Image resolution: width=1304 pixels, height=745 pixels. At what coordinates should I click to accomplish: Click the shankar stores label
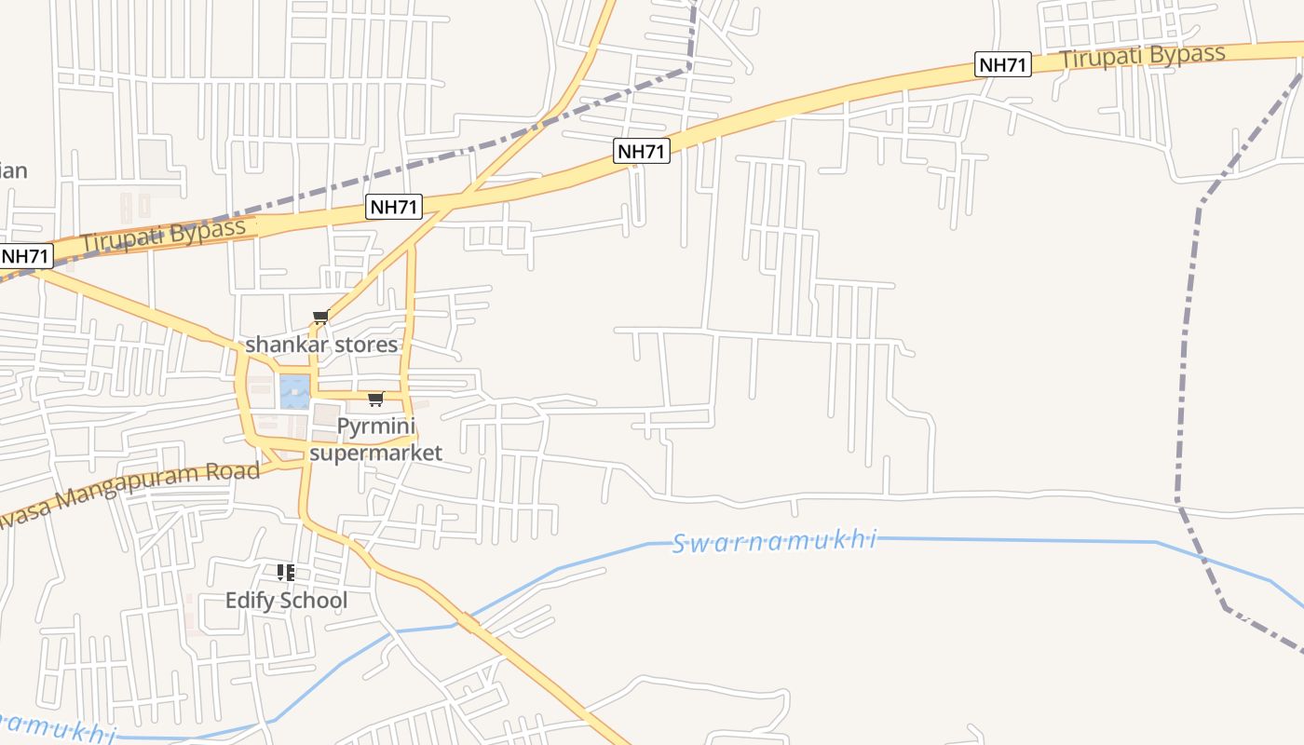pyautogui.click(x=321, y=345)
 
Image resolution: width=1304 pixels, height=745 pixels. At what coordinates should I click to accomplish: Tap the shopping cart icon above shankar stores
pyautogui.click(x=321, y=318)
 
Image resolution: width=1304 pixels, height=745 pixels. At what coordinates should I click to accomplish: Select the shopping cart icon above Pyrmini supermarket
pyautogui.click(x=375, y=400)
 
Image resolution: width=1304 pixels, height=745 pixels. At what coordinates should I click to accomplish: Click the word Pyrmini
pyautogui.click(x=375, y=428)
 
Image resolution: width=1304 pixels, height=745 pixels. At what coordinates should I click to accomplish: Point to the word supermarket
pyautogui.click(x=375, y=454)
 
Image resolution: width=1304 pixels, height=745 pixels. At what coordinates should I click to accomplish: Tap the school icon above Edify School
pyautogui.click(x=286, y=572)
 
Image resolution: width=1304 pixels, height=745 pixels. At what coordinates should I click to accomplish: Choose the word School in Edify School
pyautogui.click(x=313, y=601)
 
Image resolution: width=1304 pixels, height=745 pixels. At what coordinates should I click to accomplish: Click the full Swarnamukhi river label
pyautogui.click(x=775, y=541)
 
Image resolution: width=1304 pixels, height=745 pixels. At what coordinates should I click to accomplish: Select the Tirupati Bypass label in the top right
pyautogui.click(x=1142, y=56)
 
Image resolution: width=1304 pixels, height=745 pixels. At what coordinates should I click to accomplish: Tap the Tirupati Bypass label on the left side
pyautogui.click(x=163, y=235)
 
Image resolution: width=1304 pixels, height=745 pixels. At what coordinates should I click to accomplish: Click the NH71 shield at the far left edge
pyautogui.click(x=25, y=256)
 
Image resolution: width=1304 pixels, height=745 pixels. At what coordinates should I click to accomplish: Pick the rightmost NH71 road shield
pyautogui.click(x=1003, y=65)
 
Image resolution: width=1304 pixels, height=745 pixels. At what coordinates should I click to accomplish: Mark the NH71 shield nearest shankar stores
pyautogui.click(x=394, y=207)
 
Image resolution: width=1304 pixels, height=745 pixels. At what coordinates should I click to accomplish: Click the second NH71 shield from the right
pyautogui.click(x=642, y=151)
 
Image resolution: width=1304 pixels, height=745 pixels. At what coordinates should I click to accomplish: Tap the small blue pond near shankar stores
pyautogui.click(x=294, y=392)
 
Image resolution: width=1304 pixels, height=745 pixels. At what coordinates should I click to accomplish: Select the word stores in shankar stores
pyautogui.click(x=363, y=345)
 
